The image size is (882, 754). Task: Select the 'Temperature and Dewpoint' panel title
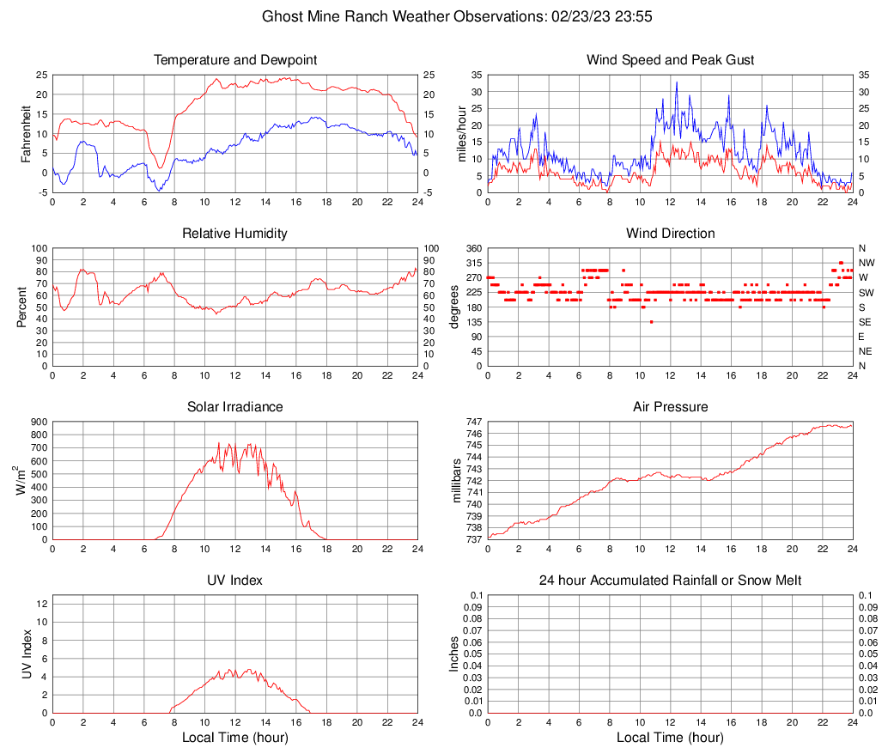tap(235, 60)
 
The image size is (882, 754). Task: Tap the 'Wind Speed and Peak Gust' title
tap(670, 60)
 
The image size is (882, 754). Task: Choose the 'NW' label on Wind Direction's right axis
tap(867, 263)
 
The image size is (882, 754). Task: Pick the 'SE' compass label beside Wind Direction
tap(866, 322)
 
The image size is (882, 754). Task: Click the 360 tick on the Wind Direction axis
tap(471, 248)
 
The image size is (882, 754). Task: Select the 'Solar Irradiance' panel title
tap(235, 406)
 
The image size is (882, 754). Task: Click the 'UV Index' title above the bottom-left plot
tap(235, 581)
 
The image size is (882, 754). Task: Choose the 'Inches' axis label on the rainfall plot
tap(455, 654)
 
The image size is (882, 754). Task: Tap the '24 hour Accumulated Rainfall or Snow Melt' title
tap(670, 581)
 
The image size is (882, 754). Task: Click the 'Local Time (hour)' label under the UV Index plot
tap(235, 738)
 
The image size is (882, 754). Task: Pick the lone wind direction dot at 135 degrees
tap(652, 322)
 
